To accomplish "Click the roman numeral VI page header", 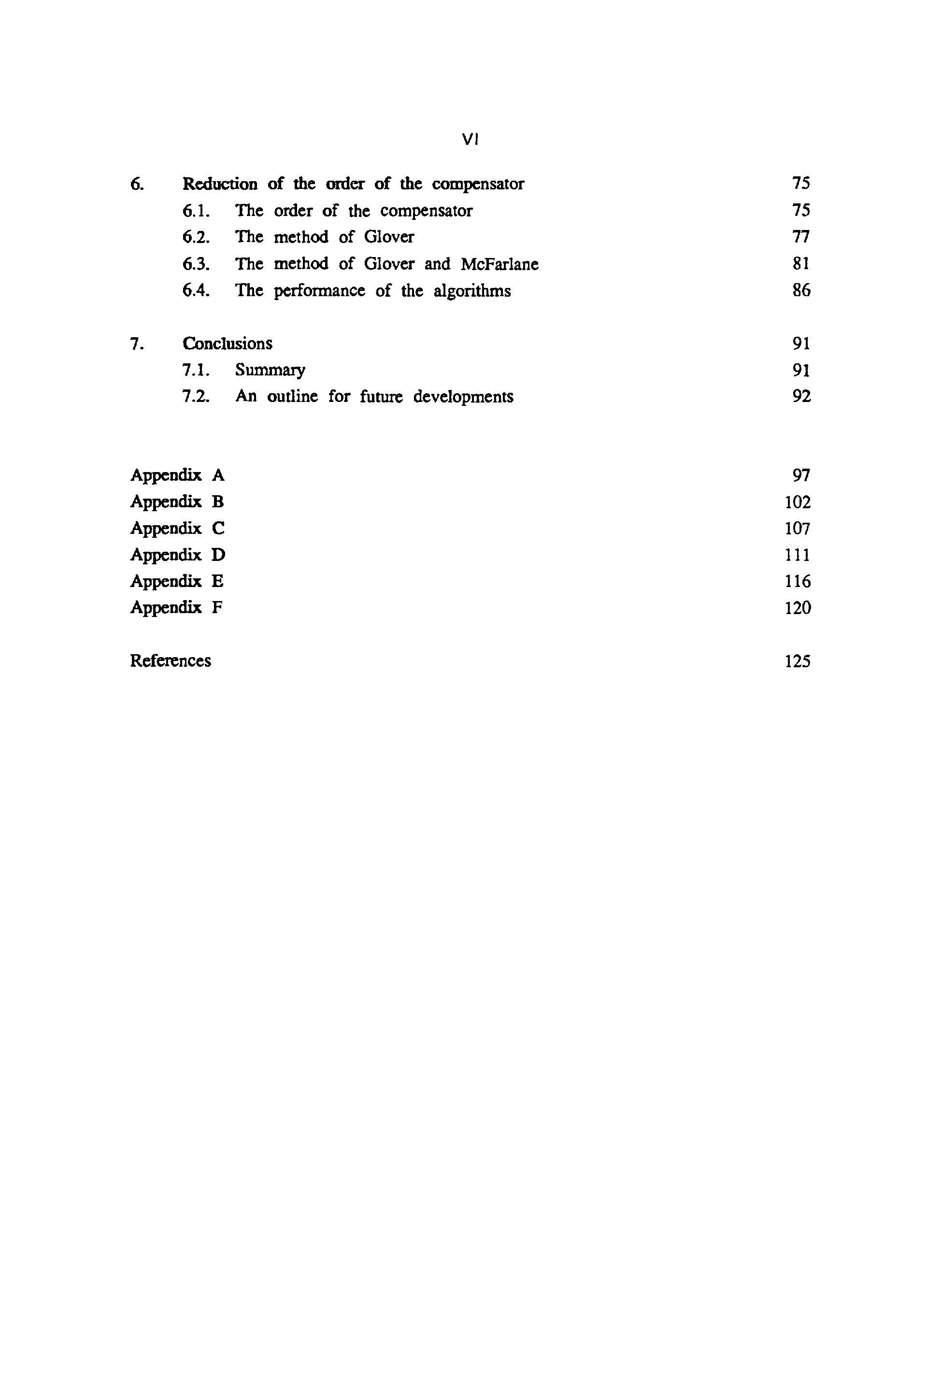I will (470, 140).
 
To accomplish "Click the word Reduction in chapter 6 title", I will (220, 184).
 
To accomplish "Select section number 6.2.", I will (196, 238).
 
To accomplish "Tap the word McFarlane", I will (500, 264).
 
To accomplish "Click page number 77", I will (801, 237).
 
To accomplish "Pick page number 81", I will (801, 264).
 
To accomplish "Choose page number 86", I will (801, 290).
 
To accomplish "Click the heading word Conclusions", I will (228, 344).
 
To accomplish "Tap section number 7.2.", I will (196, 396).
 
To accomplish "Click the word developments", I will (463, 397).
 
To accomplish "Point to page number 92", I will (801, 396).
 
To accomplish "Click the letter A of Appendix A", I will (218, 475).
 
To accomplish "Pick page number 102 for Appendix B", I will (798, 502).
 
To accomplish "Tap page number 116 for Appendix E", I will (798, 582).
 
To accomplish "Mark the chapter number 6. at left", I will (137, 184).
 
